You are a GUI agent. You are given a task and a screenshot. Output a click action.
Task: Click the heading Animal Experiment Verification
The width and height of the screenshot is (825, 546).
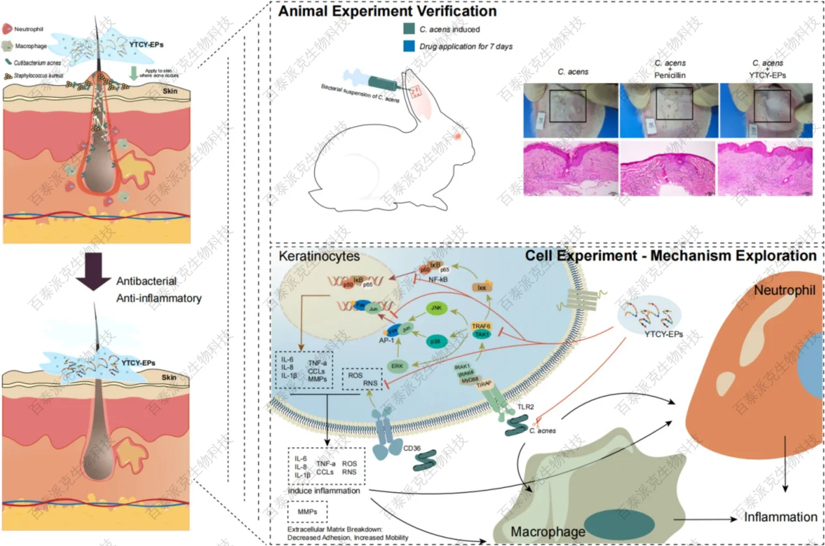point(388,12)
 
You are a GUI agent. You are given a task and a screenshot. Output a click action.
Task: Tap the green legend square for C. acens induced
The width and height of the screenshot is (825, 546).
point(409,29)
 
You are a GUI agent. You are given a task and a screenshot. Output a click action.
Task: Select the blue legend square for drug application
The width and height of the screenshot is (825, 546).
point(409,46)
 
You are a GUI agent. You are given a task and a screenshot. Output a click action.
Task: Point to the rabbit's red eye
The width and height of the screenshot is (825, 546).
point(457,135)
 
